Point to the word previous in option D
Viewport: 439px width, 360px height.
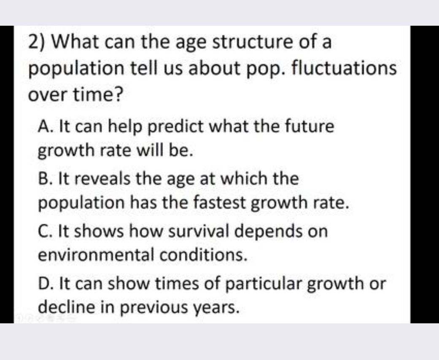154,308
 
